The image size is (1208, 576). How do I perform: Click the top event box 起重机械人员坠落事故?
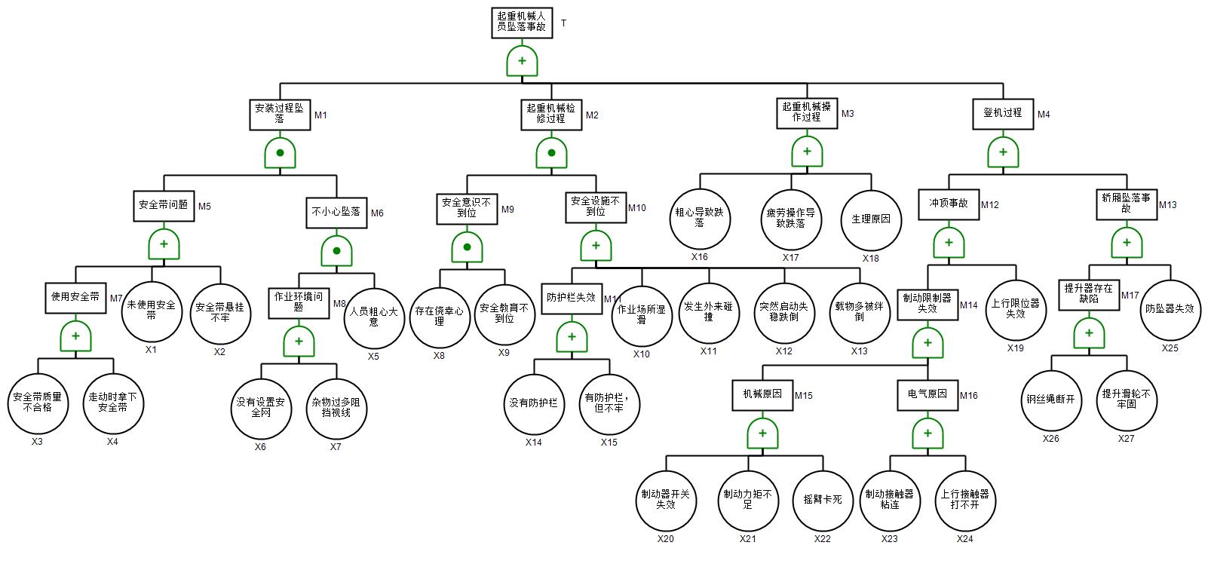[522, 21]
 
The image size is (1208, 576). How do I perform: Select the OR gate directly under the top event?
[522, 61]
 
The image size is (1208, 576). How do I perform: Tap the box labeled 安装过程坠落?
[279, 114]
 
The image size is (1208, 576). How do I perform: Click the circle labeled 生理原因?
[871, 219]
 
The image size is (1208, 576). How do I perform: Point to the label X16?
[699, 257]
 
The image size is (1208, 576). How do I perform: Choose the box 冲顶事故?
[948, 204]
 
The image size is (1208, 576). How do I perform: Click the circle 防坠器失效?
[1170, 309]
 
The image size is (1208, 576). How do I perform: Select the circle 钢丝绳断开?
[1050, 400]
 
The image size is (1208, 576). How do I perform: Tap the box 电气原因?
[927, 394]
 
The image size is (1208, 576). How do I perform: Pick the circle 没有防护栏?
[533, 403]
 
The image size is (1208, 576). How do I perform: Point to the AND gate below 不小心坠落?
[336, 251]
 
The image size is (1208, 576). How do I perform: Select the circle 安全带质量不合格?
[38, 403]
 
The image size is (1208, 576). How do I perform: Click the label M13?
[1167, 204]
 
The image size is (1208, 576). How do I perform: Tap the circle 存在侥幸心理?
[440, 315]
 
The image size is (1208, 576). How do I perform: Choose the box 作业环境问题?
[299, 302]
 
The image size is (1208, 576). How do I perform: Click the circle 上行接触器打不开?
[964, 500]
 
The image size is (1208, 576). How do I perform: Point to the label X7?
[336, 446]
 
